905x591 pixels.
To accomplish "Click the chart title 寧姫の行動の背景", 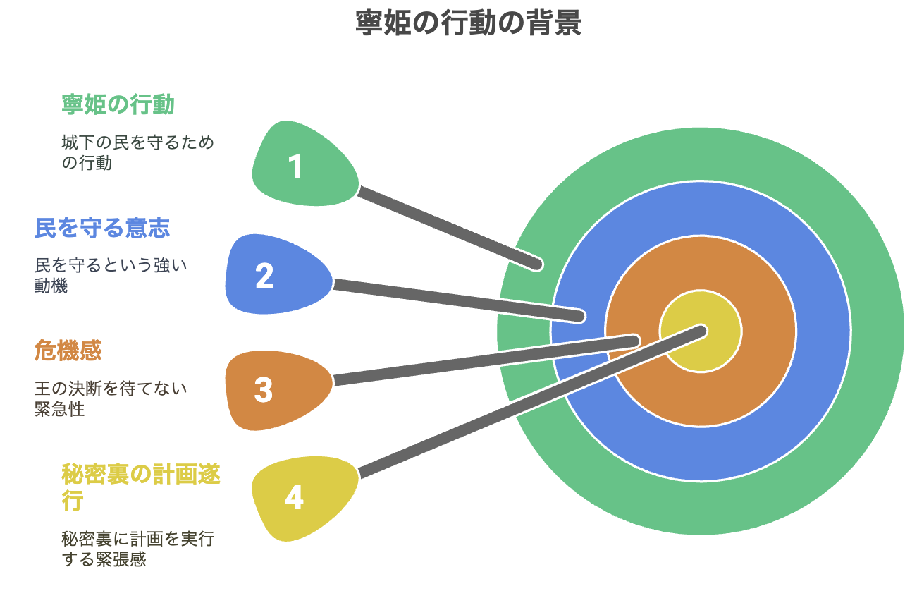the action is tap(468, 23).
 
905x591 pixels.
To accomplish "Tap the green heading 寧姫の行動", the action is tap(118, 104).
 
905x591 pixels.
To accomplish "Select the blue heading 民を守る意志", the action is tap(102, 228).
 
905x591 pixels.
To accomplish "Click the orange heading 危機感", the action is tap(68, 350).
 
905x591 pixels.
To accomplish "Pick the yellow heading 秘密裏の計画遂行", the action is tap(140, 487).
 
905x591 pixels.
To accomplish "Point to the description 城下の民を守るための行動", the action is tap(137, 152).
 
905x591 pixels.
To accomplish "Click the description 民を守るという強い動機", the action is tap(111, 275).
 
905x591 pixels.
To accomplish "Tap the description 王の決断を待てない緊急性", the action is tap(111, 398).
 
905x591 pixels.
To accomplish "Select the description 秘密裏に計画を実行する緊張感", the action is tap(137, 549).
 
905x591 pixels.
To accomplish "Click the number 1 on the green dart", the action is tap(296, 166).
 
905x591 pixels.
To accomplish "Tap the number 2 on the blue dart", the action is tap(264, 276).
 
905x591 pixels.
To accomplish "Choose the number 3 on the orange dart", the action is tap(264, 390).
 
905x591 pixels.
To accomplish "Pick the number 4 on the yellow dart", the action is tap(294, 497).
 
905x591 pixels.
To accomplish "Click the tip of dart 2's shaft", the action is tap(580, 316).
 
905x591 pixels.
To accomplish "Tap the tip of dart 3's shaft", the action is tap(635, 341).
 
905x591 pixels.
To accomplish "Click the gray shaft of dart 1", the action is tap(448, 228).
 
